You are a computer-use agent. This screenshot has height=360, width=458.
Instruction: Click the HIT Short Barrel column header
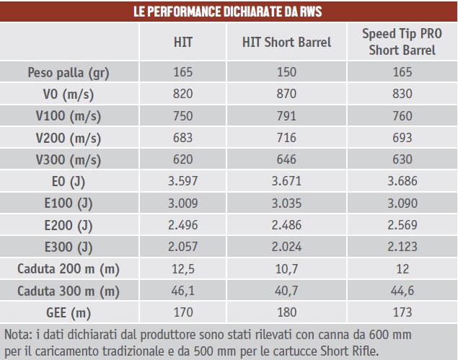click(x=286, y=43)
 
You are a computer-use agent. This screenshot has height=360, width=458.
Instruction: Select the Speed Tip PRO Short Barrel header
click(x=402, y=43)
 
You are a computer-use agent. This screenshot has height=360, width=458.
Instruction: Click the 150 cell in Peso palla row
click(x=286, y=72)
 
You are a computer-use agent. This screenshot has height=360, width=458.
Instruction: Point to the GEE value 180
click(x=286, y=312)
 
